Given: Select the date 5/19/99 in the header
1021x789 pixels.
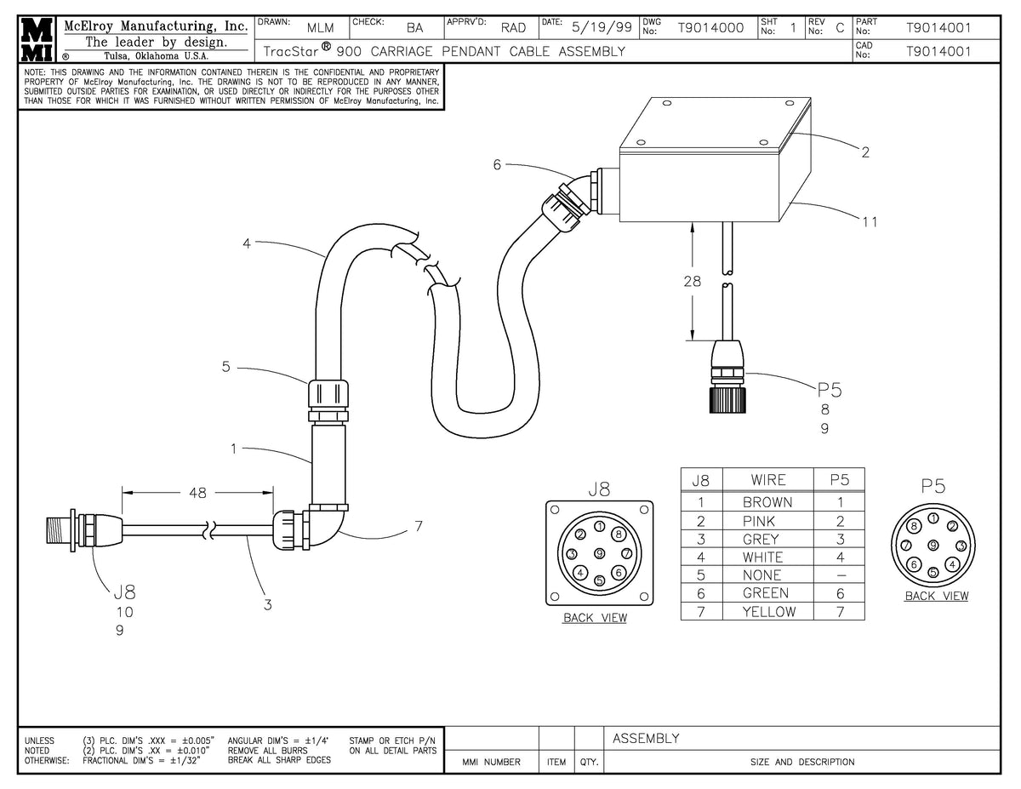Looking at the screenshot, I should (602, 27).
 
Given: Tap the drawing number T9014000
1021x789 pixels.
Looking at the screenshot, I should (710, 27).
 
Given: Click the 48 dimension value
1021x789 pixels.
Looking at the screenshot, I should (197, 491).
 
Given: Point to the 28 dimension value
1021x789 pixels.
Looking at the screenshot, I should (693, 281).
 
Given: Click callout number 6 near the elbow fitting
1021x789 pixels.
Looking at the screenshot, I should (497, 164).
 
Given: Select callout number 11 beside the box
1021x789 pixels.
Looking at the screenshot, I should (870, 222).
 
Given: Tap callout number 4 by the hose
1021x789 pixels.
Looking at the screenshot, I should (247, 243).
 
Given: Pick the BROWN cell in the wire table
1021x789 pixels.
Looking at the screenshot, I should (767, 502).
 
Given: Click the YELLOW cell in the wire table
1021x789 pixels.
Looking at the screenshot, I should (768, 611).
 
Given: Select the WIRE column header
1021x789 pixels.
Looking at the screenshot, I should (767, 480).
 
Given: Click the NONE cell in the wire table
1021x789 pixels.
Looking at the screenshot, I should (767, 575).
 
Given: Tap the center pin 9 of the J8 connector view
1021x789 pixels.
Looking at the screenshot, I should (600, 553).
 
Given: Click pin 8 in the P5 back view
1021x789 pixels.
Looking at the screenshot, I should (913, 528).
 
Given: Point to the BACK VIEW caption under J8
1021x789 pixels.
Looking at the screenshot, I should (595, 618).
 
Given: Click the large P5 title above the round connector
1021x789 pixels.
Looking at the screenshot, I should (933, 486).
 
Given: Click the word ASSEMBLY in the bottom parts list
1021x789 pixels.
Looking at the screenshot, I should (646, 738).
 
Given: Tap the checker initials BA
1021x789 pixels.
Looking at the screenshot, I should (414, 27).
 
